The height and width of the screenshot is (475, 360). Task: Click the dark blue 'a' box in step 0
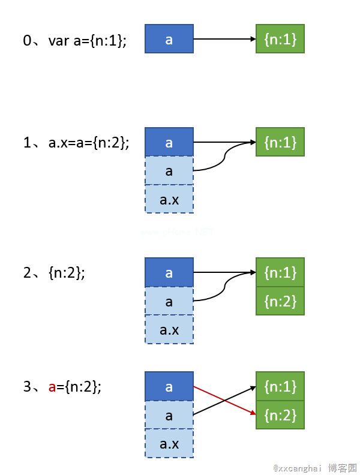point(169,39)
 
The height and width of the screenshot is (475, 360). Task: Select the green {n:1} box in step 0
point(280,39)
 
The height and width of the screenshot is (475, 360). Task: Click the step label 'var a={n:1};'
point(88,41)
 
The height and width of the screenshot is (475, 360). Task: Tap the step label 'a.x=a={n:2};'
point(89,143)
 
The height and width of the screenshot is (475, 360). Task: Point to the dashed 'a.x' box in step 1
point(169,199)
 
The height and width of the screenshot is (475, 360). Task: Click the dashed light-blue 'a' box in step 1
point(169,171)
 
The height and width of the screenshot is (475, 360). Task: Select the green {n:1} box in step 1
point(280,142)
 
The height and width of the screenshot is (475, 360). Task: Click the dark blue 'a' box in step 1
point(169,142)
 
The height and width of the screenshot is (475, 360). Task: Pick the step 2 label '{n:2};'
point(67,273)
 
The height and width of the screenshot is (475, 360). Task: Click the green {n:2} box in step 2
point(280,301)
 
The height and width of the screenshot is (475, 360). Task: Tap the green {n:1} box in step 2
point(280,273)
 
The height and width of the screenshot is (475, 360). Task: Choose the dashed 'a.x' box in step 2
point(169,330)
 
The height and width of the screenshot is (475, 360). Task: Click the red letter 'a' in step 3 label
point(52,387)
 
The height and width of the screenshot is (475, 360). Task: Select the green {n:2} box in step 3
point(280,415)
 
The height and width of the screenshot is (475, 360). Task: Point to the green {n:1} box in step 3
point(280,386)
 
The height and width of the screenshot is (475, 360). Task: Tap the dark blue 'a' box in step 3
point(169,386)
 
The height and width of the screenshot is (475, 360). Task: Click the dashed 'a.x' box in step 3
point(169,444)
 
